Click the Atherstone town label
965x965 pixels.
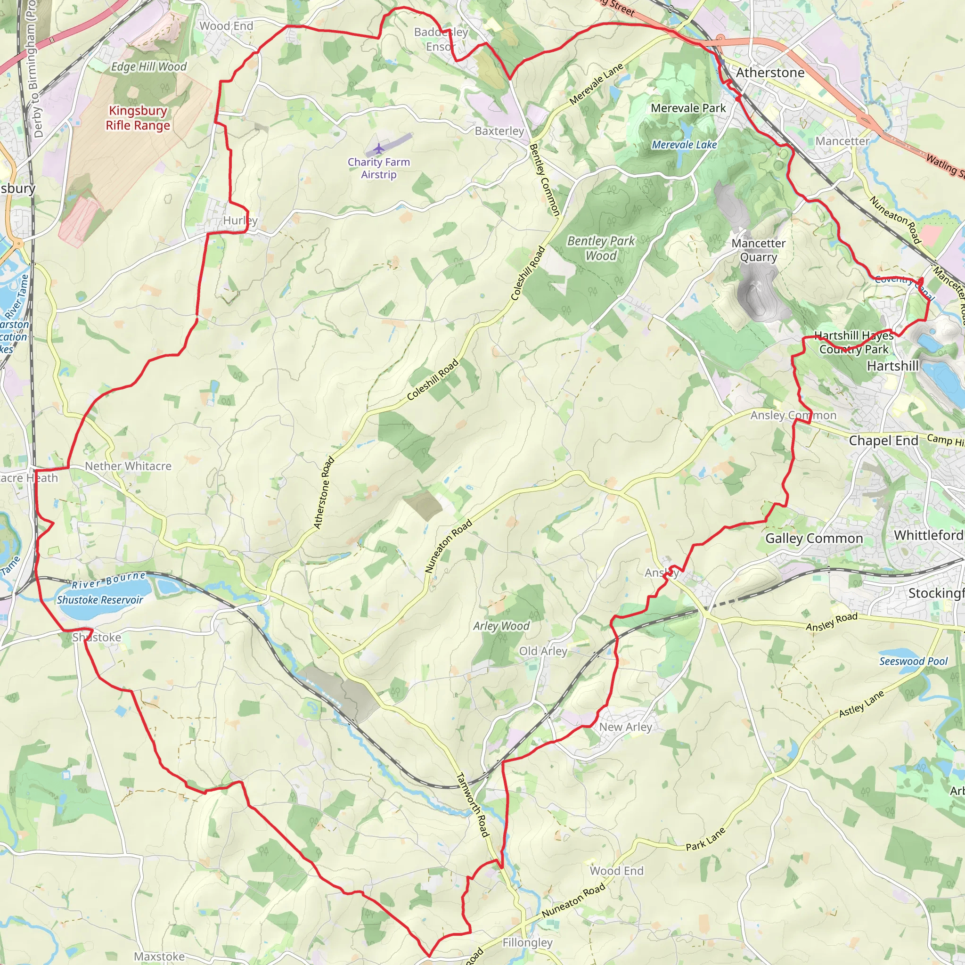point(770,73)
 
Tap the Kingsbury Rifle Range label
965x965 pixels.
point(138,118)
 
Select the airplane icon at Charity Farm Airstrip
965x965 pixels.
point(379,149)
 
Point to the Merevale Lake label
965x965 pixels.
point(684,145)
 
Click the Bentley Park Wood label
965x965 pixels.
point(601,248)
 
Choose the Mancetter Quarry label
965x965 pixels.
point(758,250)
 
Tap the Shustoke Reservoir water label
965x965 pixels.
point(100,600)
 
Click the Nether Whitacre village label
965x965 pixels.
point(128,466)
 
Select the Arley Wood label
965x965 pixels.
point(501,626)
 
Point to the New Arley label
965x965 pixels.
point(625,727)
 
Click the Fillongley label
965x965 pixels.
point(527,942)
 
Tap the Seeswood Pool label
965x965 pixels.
point(913,661)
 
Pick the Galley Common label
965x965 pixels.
point(814,539)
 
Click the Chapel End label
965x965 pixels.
point(883,441)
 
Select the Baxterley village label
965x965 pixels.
point(499,131)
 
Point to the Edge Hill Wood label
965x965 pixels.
point(149,67)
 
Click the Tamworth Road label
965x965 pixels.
point(472,805)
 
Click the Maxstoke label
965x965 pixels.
point(159,956)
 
